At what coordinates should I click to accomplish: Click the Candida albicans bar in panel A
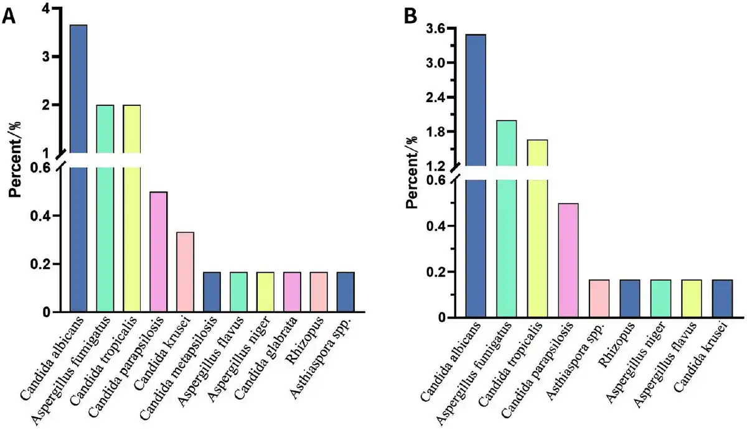pyautogui.click(x=78, y=168)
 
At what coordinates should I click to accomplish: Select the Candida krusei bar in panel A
pyautogui.click(x=185, y=271)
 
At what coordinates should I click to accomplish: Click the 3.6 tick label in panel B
pyautogui.click(x=436, y=29)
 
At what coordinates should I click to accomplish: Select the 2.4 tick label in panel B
pyautogui.click(x=436, y=98)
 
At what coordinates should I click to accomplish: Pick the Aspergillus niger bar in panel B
pyautogui.click(x=660, y=298)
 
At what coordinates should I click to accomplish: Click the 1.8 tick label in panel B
pyautogui.click(x=436, y=132)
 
